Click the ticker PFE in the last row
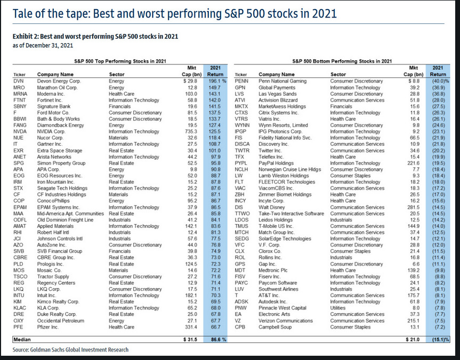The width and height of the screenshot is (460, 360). [x=19, y=327]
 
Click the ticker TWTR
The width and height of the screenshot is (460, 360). [x=242, y=150]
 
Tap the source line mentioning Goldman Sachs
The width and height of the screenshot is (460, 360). [x=70, y=349]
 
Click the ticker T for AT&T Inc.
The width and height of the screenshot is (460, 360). [x=236, y=296]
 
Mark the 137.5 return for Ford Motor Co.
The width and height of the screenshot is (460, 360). [x=215, y=112]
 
